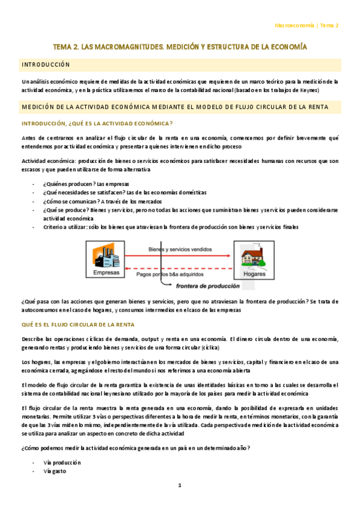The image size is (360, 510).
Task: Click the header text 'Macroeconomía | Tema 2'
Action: tap(306, 26)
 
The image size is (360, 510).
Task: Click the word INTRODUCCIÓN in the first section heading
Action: tap(46, 64)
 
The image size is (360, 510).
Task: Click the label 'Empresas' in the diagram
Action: tap(106, 272)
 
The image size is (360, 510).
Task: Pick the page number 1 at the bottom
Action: tap(179, 485)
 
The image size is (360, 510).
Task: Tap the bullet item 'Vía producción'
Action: tap(62, 462)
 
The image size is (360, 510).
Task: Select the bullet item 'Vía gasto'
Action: tap(55, 472)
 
